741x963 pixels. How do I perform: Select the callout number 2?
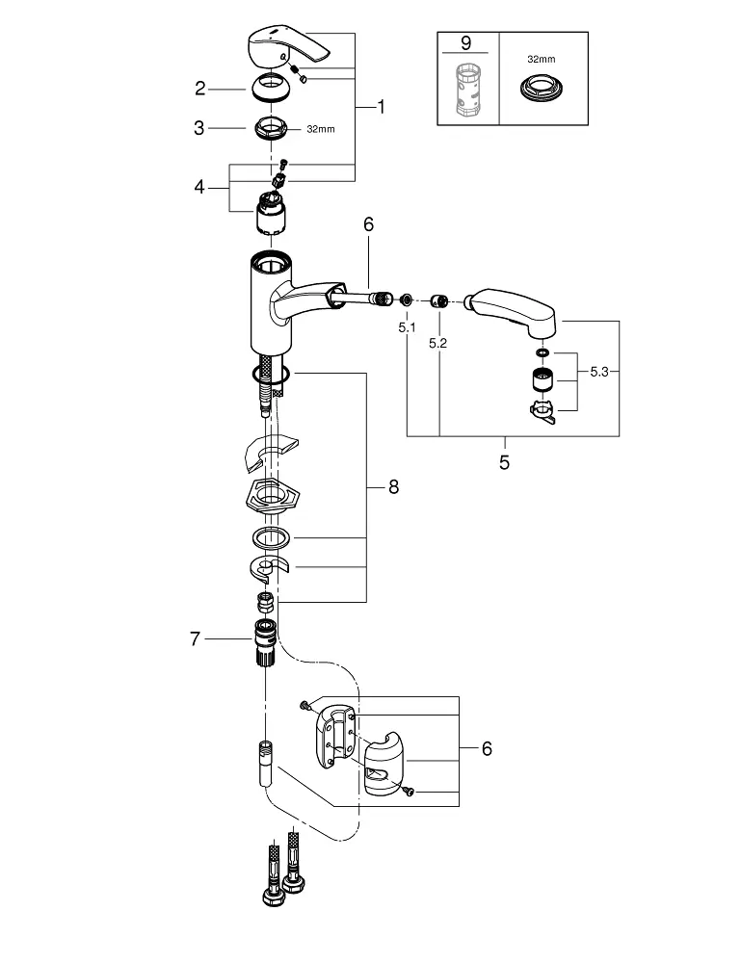[x=199, y=89]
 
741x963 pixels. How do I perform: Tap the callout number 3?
[x=199, y=127]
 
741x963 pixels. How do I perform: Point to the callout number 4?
[x=199, y=186]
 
